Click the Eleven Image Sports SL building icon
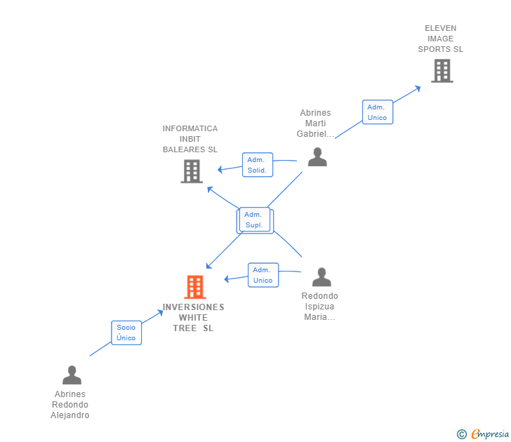(x=442, y=71)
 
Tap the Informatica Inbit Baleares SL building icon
(x=192, y=171)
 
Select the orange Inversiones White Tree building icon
(x=194, y=287)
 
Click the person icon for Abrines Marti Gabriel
(x=317, y=156)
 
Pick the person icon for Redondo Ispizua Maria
(x=321, y=277)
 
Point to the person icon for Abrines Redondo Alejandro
(x=72, y=375)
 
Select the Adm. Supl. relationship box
(x=254, y=220)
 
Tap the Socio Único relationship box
(x=126, y=333)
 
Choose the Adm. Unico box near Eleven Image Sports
(x=377, y=112)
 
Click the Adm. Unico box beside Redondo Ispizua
(x=263, y=275)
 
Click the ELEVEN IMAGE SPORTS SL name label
(x=440, y=39)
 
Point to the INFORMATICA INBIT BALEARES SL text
(x=190, y=139)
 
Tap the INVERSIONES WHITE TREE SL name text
(x=194, y=318)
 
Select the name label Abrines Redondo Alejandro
(x=70, y=405)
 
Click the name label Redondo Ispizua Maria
(x=320, y=307)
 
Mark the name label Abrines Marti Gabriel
(x=315, y=123)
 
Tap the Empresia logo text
(x=489, y=434)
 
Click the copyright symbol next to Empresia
(x=462, y=434)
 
